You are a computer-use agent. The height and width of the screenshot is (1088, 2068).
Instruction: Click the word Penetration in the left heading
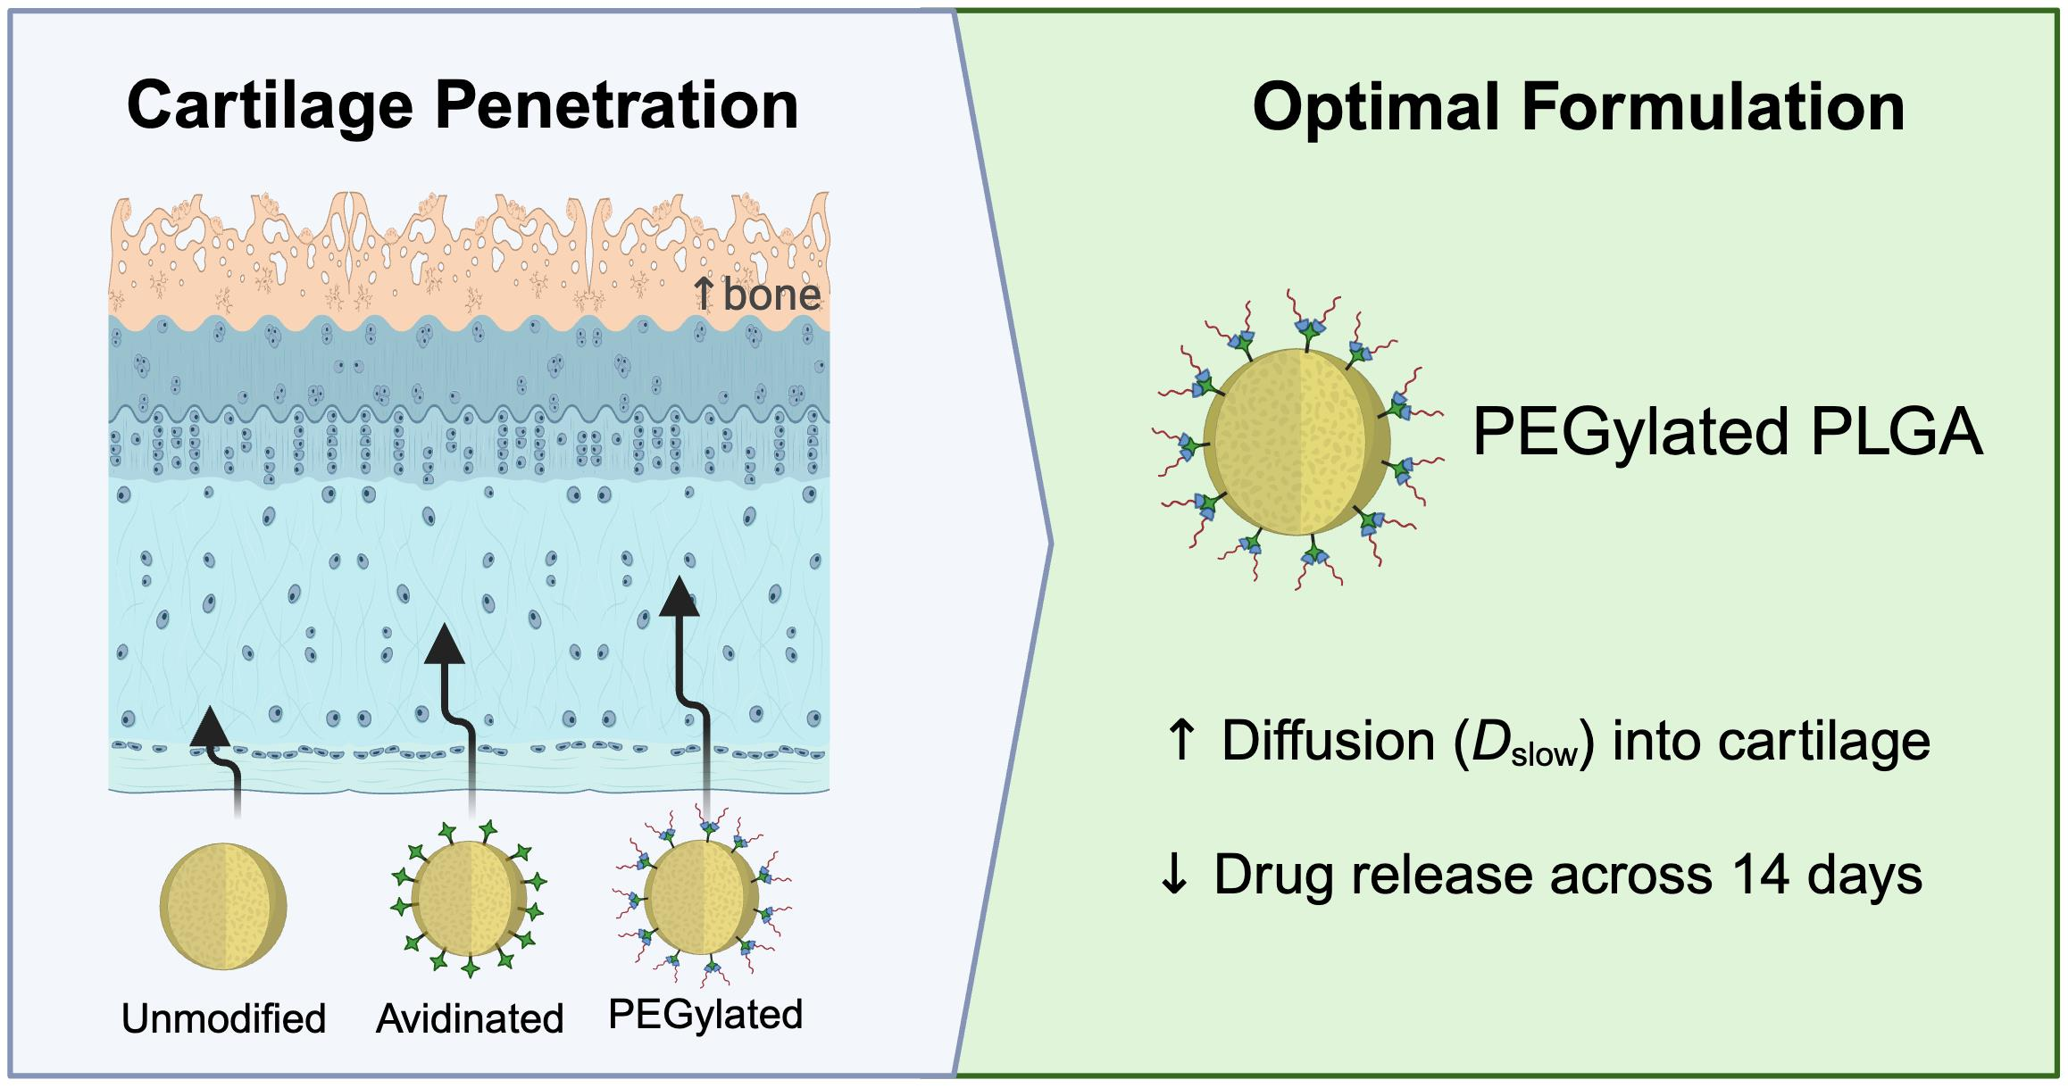617,106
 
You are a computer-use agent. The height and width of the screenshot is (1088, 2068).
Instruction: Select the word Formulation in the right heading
1714,108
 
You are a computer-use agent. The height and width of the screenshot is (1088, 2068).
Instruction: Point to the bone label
771,294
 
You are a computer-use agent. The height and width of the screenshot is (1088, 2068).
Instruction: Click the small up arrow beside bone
705,294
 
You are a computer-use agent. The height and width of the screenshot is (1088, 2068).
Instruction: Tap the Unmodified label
224,1018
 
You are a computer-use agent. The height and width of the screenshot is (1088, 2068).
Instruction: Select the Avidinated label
470,1018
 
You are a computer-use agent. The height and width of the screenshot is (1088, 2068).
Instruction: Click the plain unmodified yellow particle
223,906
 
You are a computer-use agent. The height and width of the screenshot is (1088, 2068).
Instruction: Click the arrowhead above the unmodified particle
210,726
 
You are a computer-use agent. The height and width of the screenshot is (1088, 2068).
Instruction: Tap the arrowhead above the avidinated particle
445,644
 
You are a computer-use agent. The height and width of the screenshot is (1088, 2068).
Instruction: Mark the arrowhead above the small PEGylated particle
680,597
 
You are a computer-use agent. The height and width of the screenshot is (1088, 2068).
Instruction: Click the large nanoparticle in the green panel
1297,441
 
